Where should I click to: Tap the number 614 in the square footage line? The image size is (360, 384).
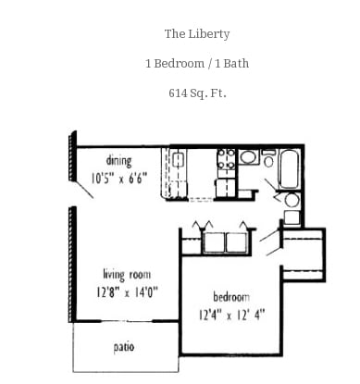[x=178, y=93]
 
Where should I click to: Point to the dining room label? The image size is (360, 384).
[x=118, y=160]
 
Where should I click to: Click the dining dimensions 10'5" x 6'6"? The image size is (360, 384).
[x=118, y=178]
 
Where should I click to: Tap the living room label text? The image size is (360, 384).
[x=127, y=274]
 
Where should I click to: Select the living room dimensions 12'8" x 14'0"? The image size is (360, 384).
[x=127, y=291]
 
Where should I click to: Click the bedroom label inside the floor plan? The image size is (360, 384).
[x=231, y=296]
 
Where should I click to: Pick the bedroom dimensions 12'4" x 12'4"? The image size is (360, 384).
[x=231, y=313]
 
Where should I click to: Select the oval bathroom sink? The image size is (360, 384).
[x=248, y=157]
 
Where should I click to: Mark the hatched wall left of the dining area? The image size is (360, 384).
[x=71, y=157]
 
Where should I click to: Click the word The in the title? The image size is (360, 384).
[x=174, y=34]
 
